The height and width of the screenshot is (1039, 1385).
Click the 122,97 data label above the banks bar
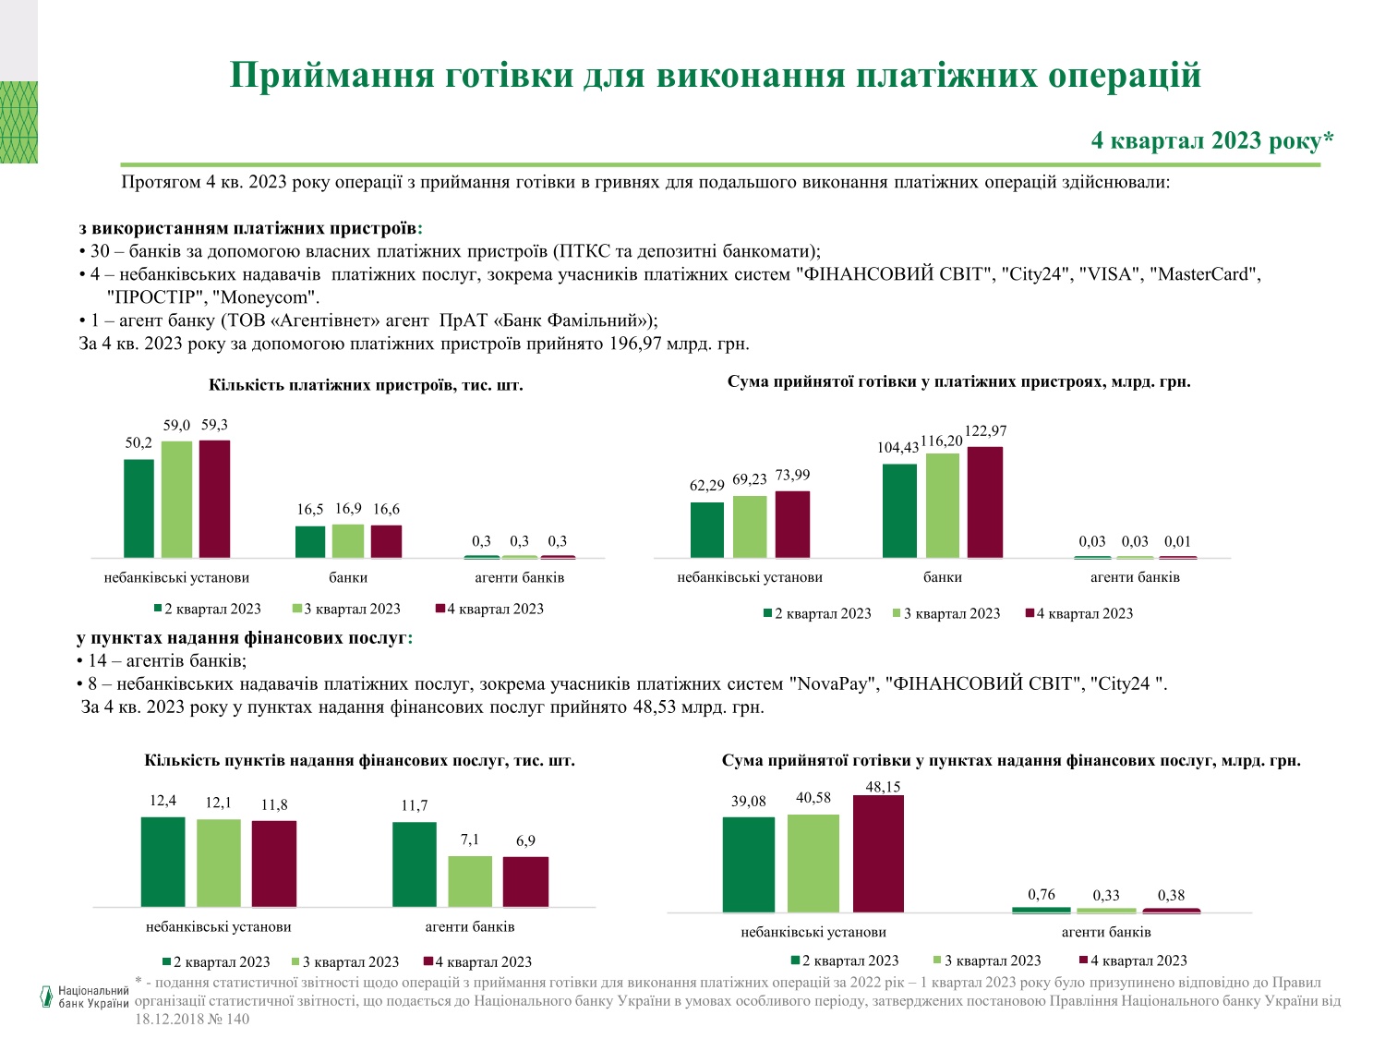pos(985,431)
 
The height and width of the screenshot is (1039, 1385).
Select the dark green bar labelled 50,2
pos(138,508)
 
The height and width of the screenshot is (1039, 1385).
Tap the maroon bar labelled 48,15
pos(878,853)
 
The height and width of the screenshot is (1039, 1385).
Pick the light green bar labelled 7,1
pos(470,881)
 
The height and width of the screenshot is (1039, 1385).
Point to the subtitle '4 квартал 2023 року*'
pos(1212,140)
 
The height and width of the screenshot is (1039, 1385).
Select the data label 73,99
pos(792,476)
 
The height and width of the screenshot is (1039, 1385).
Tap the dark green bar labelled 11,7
pos(415,864)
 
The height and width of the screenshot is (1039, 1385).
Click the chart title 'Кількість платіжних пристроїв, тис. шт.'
pos(366,385)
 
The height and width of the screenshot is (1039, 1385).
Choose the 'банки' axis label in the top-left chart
pos(348,577)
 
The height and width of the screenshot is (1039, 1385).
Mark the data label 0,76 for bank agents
pos(1041,894)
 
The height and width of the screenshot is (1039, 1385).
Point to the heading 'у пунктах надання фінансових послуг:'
pos(245,638)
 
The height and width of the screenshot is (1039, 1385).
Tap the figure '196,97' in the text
pos(637,344)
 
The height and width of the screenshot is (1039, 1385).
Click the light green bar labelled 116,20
pos(943,505)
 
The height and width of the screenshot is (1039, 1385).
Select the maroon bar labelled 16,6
pos(386,541)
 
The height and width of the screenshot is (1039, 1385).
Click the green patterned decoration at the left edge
pos(18,122)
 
